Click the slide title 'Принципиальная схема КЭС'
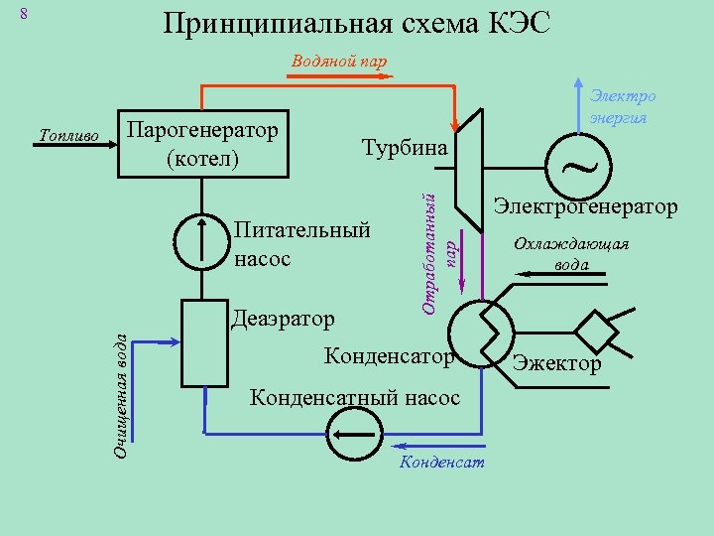tap(357, 24)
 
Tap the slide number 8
tap(26, 14)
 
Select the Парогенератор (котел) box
tap(202, 144)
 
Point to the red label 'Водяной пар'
tap(339, 61)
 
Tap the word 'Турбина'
tap(404, 147)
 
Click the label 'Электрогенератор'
tap(586, 207)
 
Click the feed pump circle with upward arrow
tap(201, 241)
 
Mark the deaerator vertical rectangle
tap(201, 343)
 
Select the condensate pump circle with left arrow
tap(354, 434)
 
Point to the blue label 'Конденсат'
tap(442, 464)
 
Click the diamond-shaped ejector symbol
tap(599, 326)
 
